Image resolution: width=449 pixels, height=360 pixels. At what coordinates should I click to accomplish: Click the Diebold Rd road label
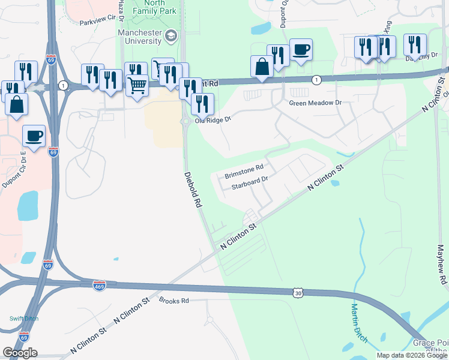[192, 189]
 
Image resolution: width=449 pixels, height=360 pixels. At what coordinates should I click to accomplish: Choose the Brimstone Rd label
[244, 172]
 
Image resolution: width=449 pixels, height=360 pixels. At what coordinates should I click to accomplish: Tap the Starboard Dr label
[249, 183]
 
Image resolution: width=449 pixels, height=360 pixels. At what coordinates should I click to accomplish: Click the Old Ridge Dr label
[212, 120]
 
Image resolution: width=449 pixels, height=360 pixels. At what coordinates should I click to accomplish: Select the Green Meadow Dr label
[315, 103]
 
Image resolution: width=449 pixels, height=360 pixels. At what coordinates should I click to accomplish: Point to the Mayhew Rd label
[442, 264]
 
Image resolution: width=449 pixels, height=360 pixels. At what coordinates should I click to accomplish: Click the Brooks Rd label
[174, 300]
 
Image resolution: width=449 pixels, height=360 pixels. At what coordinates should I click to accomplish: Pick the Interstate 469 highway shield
[100, 286]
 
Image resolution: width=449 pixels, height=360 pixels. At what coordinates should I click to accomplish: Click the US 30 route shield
[298, 292]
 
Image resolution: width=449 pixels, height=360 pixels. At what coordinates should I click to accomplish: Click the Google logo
[20, 353]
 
